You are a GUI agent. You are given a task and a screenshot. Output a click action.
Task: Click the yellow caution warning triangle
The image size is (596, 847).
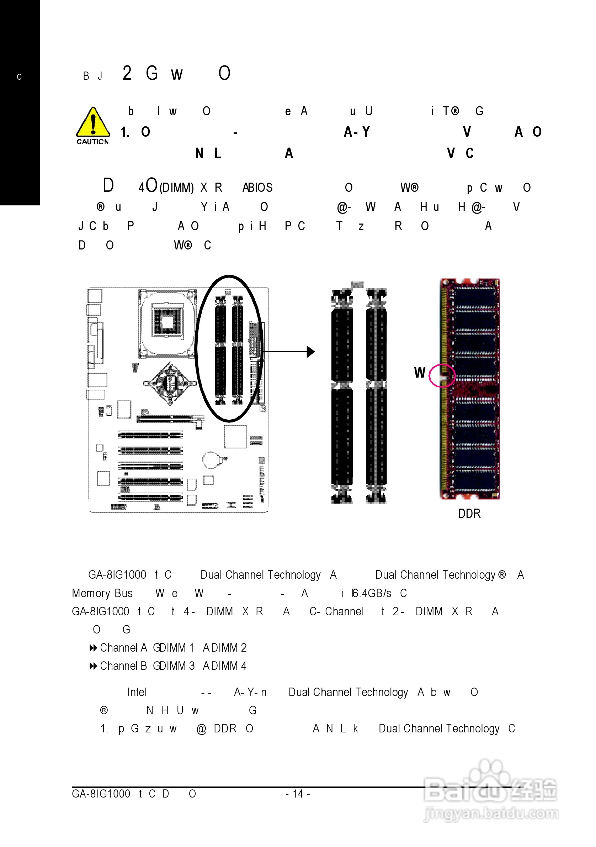point(93,122)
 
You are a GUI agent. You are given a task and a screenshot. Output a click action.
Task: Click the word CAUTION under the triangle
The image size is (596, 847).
point(92,142)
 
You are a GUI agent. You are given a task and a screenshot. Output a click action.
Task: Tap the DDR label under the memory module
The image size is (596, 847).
point(469,514)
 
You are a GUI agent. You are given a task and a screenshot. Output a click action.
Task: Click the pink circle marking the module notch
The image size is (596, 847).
point(442,375)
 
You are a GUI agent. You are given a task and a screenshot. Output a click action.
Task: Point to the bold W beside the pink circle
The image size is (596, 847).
point(420,373)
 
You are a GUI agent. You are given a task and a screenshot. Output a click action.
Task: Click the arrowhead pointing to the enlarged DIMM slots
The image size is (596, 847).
point(310,352)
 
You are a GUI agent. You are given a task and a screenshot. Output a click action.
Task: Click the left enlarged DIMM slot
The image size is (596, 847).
point(342,396)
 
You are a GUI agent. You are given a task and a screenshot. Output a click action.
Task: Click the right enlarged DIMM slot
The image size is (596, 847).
point(376,396)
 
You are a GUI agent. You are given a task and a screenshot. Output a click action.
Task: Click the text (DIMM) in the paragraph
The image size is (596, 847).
point(176,188)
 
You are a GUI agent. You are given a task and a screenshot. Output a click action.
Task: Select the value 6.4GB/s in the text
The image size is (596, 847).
point(372,593)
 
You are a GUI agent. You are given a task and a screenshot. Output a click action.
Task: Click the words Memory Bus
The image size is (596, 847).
point(102,593)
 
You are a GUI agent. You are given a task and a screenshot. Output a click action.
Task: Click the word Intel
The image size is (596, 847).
point(137,692)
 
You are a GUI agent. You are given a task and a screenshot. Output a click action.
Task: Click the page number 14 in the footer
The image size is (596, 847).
point(297,794)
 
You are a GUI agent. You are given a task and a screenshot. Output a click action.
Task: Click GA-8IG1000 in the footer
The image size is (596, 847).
point(101,794)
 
